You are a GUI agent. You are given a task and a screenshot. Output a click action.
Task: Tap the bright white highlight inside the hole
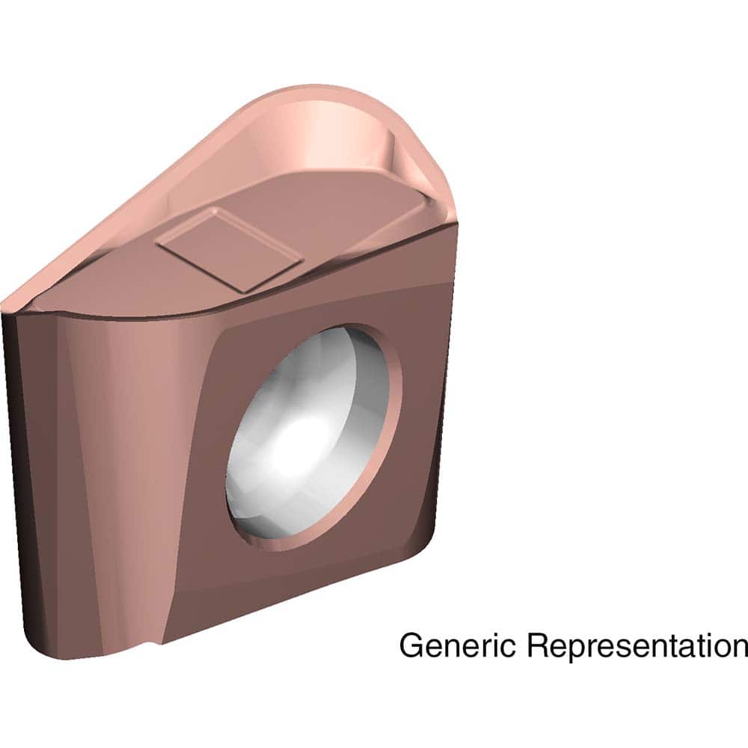tap(299, 441)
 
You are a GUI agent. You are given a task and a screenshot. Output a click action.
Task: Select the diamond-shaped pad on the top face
tap(229, 249)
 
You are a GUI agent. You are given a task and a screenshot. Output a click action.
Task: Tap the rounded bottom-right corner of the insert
tap(426, 542)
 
